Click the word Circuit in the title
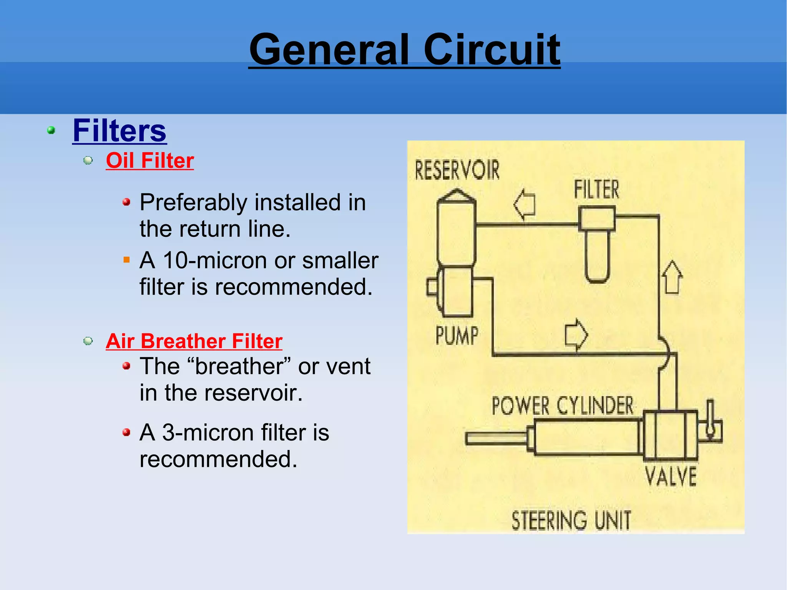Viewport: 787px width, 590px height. tap(491, 50)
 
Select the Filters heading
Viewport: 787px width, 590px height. tap(120, 131)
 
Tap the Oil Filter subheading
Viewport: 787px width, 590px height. tap(150, 160)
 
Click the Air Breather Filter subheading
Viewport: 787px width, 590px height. tap(194, 341)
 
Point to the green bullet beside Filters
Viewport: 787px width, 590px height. tap(51, 131)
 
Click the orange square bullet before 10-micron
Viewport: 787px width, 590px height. tap(126, 260)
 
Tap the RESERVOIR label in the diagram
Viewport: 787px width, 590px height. tap(457, 170)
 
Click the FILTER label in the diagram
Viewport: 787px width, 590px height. tap(596, 189)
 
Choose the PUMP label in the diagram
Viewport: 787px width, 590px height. tap(457, 336)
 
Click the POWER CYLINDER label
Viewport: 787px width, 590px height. tap(562, 406)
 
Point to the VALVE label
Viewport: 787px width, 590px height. tap(671, 476)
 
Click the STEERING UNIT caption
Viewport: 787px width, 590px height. tap(571, 520)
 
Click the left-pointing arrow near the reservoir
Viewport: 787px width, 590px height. tap(525, 204)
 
